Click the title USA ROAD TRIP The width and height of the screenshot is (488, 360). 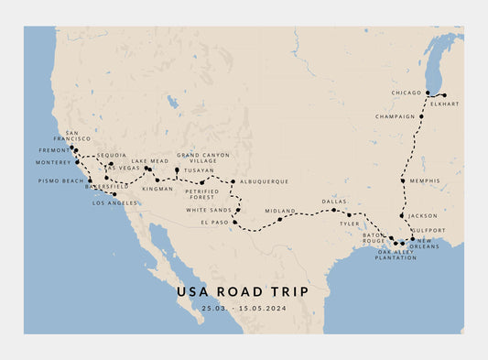(243, 291)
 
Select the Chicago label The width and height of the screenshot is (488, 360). (407, 93)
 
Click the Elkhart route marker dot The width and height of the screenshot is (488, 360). (445, 95)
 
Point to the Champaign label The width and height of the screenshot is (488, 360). (395, 116)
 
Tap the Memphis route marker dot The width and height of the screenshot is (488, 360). (403, 180)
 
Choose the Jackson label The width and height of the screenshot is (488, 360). (423, 215)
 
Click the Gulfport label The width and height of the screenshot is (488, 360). (428, 230)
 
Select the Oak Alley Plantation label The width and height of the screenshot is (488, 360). (396, 255)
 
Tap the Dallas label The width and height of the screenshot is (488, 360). (333, 201)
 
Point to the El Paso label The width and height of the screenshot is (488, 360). (213, 222)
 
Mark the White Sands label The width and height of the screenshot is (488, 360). (209, 210)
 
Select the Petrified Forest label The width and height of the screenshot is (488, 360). (199, 194)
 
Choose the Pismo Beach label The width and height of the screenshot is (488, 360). (61, 180)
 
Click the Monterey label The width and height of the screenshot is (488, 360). (53, 162)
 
